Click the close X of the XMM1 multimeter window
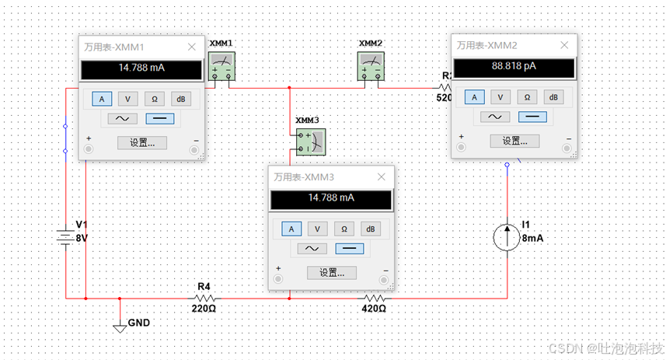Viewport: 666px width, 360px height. (x=192, y=47)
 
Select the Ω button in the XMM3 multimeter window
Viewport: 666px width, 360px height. (x=343, y=229)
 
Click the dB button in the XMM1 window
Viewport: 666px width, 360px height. (x=180, y=99)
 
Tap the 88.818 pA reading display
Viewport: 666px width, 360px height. (x=514, y=67)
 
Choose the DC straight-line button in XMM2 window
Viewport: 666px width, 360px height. (x=532, y=116)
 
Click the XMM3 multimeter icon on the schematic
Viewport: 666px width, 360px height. (x=310, y=140)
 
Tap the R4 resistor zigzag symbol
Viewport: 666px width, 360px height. (x=204, y=297)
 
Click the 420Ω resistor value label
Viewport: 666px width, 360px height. (x=374, y=309)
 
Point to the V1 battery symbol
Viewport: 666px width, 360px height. (x=65, y=235)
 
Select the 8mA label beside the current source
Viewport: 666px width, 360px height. (x=532, y=238)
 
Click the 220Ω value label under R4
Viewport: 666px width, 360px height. (x=204, y=309)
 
